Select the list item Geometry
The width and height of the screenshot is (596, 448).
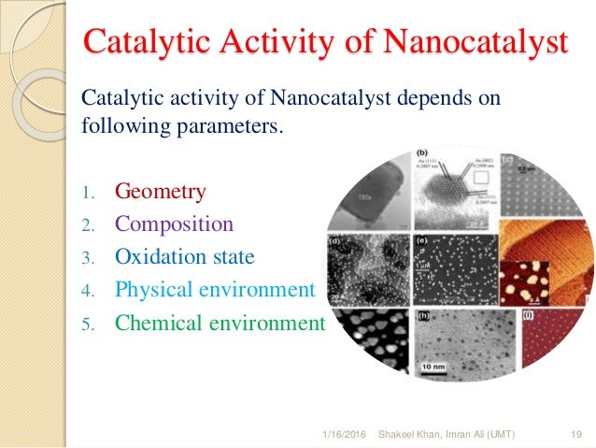pyautogui.click(x=160, y=192)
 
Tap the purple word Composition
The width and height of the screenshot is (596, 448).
pyautogui.click(x=174, y=224)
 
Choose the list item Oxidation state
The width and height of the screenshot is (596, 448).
pyautogui.click(x=184, y=257)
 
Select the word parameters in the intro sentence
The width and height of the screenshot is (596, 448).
pyautogui.click(x=234, y=124)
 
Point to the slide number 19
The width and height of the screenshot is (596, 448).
pyautogui.click(x=575, y=433)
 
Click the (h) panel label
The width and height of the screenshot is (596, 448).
pyautogui.click(x=422, y=316)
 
